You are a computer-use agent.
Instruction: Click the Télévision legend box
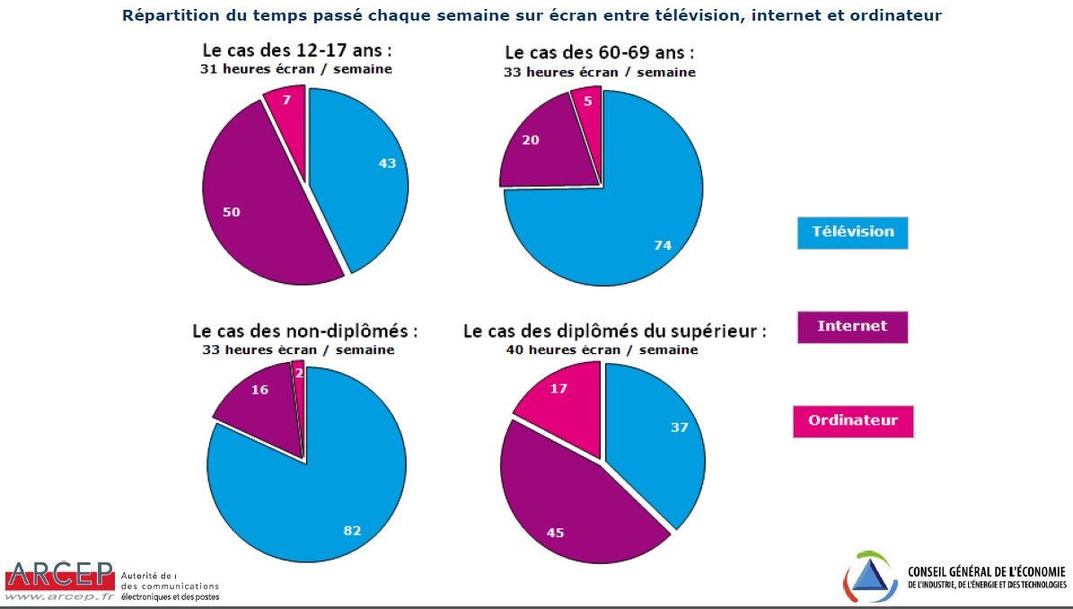[852, 232]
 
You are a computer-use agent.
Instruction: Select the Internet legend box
[852, 326]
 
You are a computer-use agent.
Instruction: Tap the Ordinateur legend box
[852, 420]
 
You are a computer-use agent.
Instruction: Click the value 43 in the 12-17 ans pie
[386, 163]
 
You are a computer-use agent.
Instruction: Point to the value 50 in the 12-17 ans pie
[231, 212]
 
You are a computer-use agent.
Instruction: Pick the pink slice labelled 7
[286, 112]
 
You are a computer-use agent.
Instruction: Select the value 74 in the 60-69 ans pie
[662, 244]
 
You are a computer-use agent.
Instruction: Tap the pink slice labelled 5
[586, 108]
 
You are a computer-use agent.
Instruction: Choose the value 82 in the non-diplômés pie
[352, 530]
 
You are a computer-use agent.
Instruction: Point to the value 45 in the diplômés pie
[555, 532]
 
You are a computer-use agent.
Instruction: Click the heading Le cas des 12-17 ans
[295, 51]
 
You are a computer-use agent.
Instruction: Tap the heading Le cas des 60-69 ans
[600, 53]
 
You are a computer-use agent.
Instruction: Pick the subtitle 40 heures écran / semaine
[602, 349]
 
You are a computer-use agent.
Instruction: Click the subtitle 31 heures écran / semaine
[295, 69]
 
